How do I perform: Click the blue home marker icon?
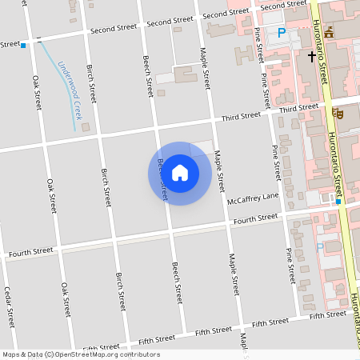[x=180, y=173]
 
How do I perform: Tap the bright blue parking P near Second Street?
[x=281, y=34]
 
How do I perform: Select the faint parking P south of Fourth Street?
[x=320, y=247]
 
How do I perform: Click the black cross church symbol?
[x=312, y=57]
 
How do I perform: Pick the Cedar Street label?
[x=10, y=306]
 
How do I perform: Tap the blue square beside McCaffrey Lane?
[x=338, y=202]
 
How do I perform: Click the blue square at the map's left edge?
[x=23, y=46]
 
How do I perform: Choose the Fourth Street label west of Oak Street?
[x=30, y=253]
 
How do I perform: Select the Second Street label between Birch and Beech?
[x=114, y=30]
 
